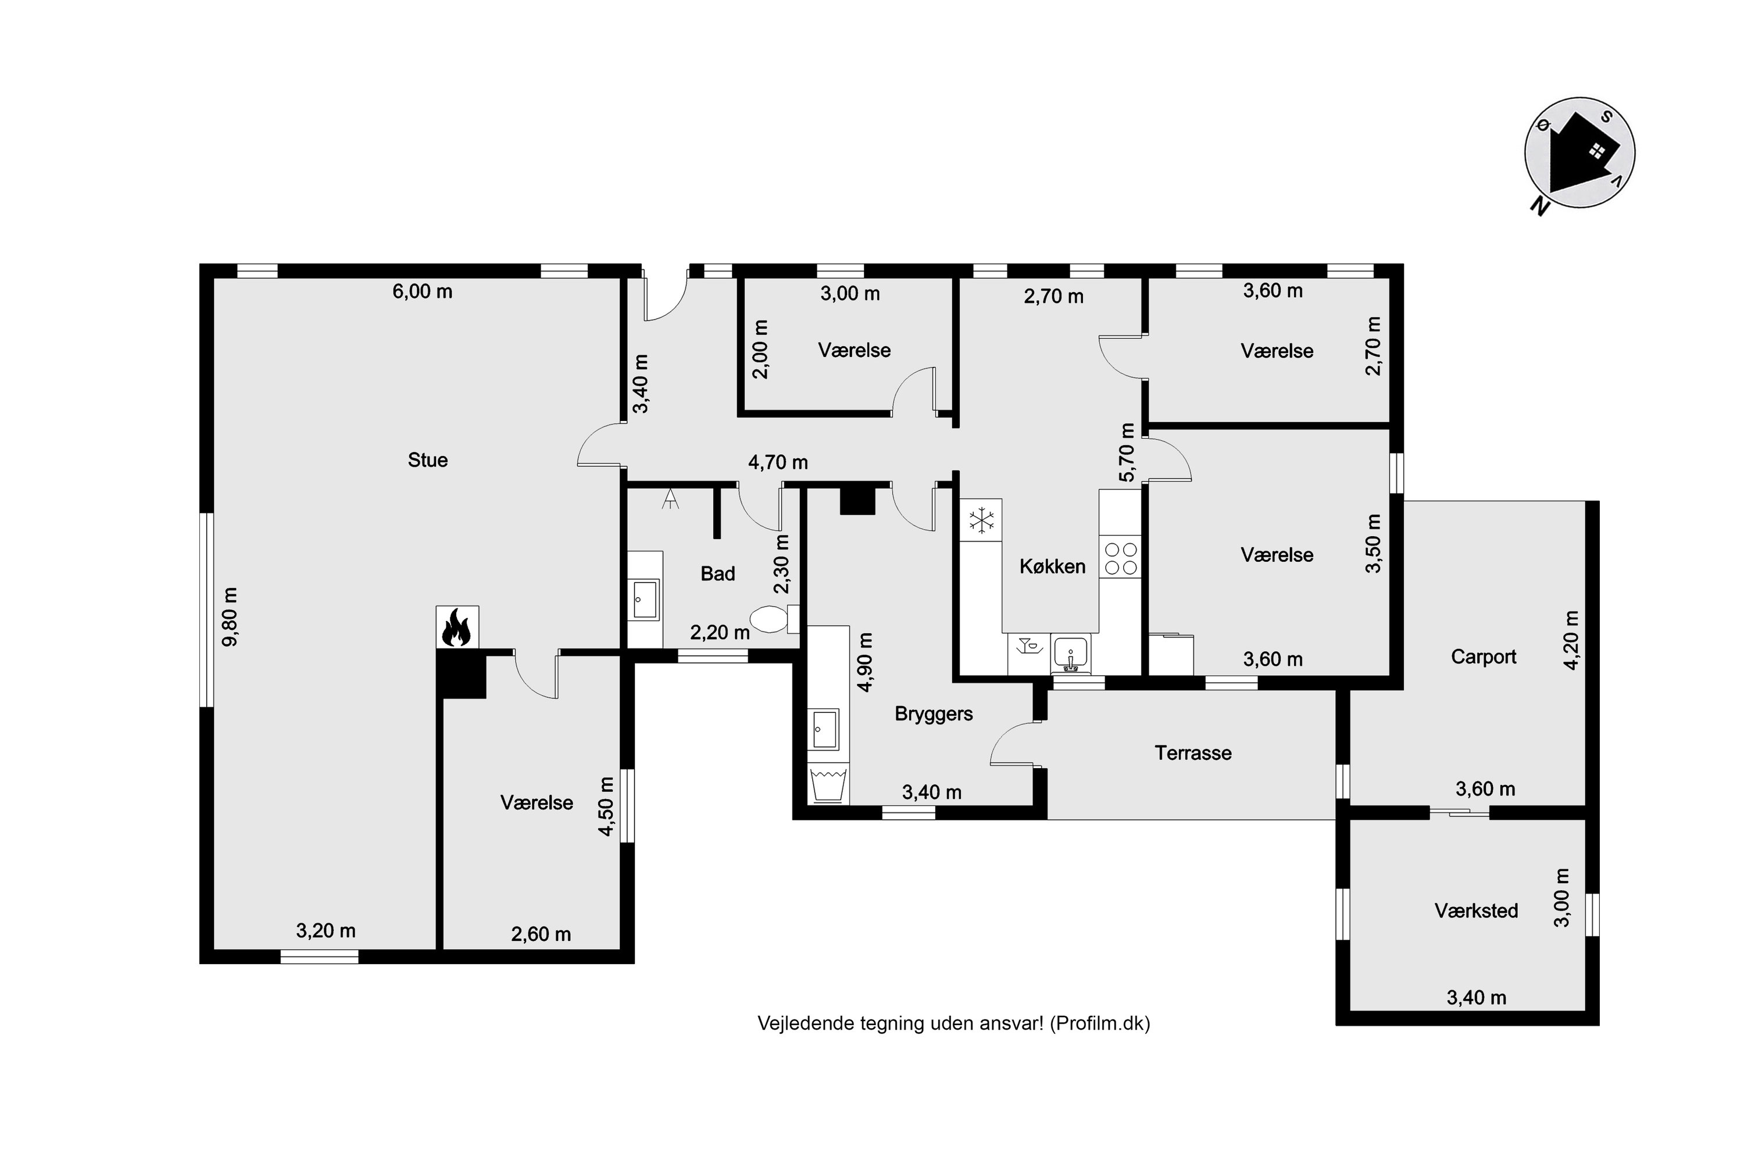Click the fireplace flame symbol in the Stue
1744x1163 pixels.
457,627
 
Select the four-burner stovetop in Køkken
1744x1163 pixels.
1120,558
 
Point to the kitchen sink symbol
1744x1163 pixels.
1071,652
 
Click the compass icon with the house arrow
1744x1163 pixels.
1579,154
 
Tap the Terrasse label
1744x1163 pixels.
1193,753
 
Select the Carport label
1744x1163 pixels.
1483,657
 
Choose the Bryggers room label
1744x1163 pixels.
934,714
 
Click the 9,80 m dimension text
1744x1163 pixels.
231,616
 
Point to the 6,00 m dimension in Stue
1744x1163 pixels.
422,291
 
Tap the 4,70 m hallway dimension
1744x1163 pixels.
778,463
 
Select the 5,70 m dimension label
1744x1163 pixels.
1127,452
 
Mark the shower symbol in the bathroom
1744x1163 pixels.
670,498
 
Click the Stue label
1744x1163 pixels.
428,460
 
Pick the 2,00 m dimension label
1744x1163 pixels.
762,349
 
